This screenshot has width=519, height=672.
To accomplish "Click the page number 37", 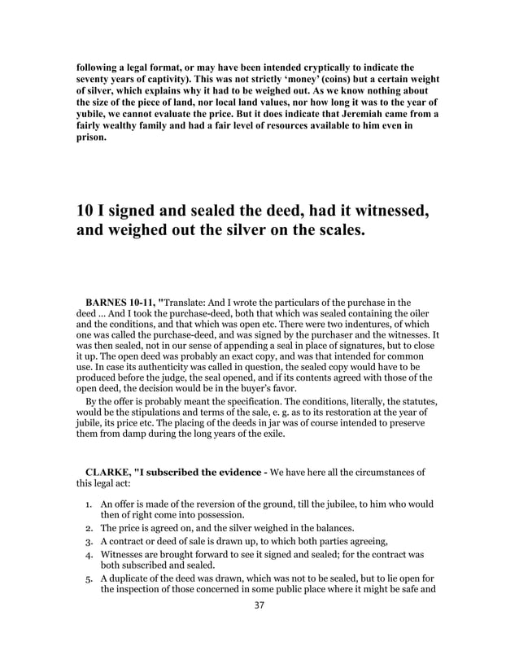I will coord(259,604).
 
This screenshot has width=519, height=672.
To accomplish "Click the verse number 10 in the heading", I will coord(85,210).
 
